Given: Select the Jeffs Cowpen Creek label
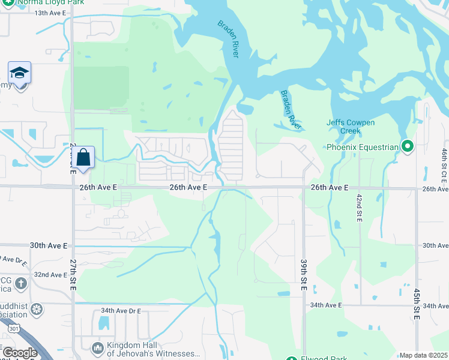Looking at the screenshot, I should [x=351, y=127].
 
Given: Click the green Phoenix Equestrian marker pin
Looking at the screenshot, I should [x=408, y=146].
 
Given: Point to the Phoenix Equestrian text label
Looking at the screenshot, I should [x=363, y=147].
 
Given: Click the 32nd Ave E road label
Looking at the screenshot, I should [x=50, y=275].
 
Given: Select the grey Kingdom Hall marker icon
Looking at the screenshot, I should [x=97, y=349].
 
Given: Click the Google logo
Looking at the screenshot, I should [x=20, y=353].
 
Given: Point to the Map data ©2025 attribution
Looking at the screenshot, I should [x=423, y=355].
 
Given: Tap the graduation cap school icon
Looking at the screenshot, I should [x=19, y=73].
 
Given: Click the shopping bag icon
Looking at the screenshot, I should [x=84, y=158].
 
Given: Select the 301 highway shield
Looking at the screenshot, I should [x=14, y=328].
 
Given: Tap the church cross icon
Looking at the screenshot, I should [x=20, y=283].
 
